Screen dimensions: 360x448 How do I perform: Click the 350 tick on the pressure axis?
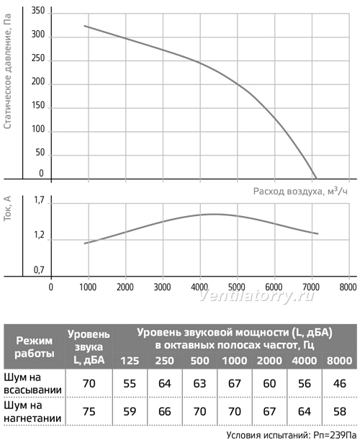[38, 11]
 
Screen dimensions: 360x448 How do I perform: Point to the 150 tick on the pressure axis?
[38, 105]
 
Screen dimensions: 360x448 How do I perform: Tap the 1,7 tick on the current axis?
[39, 200]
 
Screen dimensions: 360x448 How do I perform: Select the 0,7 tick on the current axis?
[39, 269]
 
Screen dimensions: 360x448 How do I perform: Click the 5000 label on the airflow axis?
[237, 287]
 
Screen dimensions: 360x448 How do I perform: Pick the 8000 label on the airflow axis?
[348, 287]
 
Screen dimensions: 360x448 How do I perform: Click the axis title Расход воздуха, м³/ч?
[300, 191]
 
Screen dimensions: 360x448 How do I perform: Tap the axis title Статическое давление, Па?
[8, 71]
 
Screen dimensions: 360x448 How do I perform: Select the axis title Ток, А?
[7, 208]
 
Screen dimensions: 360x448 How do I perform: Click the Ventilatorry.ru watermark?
[256, 296]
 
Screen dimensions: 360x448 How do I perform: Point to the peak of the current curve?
[213, 215]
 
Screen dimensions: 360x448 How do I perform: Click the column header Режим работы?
[35, 347]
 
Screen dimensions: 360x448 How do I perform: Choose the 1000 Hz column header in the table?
[235, 361]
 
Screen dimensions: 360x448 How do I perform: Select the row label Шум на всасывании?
[32, 383]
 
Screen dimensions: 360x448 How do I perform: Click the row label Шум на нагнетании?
[32, 411]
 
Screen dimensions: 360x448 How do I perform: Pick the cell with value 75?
[89, 411]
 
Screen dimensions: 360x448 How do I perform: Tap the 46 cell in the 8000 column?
[339, 383]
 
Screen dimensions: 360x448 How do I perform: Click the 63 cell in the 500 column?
[199, 383]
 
